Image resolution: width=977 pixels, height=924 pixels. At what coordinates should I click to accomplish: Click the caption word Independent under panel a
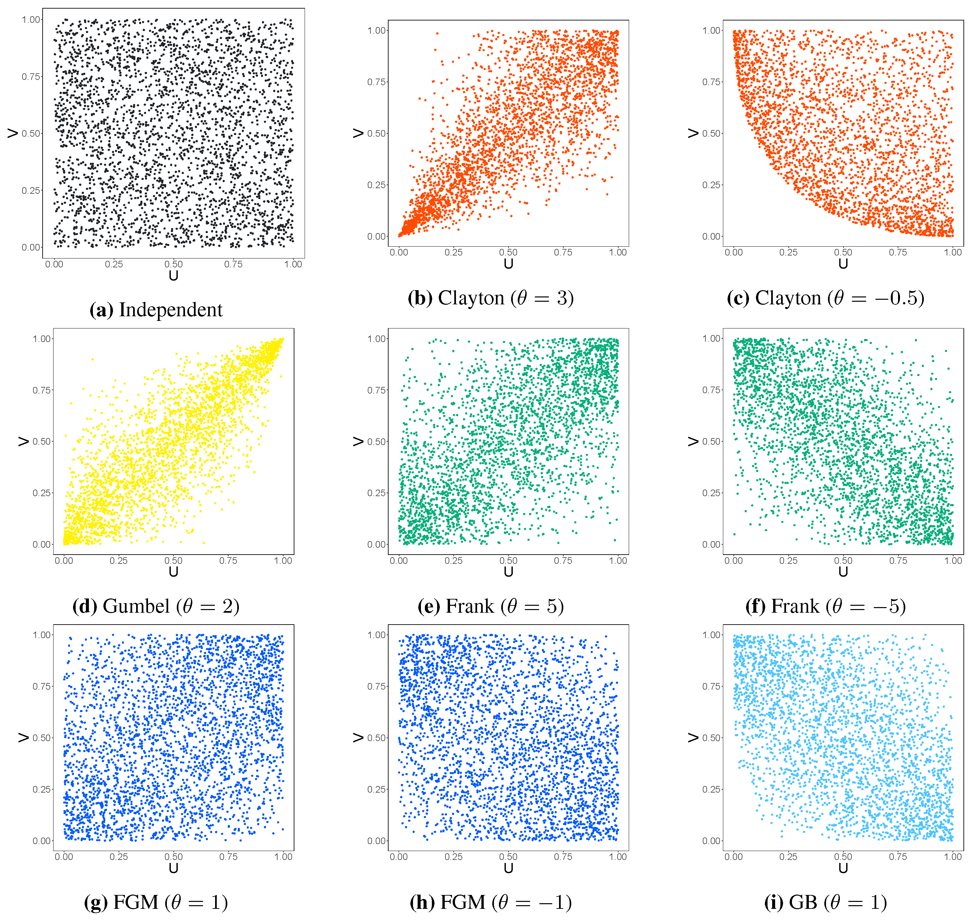click(x=170, y=310)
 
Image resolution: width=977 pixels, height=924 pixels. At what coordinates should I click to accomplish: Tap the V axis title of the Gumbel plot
click(x=23, y=441)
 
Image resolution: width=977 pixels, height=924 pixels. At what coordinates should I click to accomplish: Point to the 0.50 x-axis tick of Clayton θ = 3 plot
click(x=508, y=252)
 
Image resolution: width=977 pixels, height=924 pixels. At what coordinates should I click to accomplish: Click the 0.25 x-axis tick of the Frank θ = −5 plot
click(x=788, y=561)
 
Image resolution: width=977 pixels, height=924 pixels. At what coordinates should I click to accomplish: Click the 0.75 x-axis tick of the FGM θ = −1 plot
click(x=563, y=857)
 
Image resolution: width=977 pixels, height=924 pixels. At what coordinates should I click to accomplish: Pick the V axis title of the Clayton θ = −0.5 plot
click(x=693, y=133)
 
